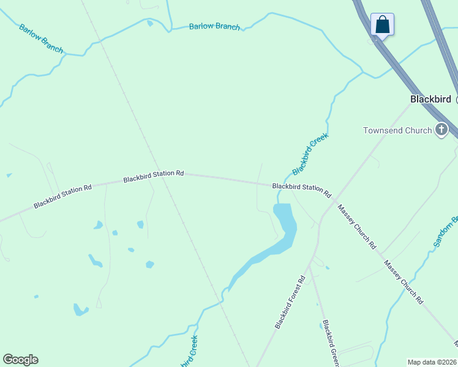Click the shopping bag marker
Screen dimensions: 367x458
(x=382, y=25)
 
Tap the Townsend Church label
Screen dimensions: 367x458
(x=397, y=130)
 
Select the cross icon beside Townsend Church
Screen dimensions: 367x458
(x=441, y=130)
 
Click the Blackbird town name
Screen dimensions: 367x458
(x=430, y=99)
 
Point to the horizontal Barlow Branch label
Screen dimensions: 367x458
(x=214, y=26)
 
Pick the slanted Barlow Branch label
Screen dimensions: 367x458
(x=41, y=38)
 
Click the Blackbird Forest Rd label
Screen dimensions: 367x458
(x=290, y=303)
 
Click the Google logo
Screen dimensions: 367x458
(x=20, y=360)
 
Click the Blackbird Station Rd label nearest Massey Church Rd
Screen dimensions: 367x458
(x=301, y=190)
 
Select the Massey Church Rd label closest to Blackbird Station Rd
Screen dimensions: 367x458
(x=357, y=227)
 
